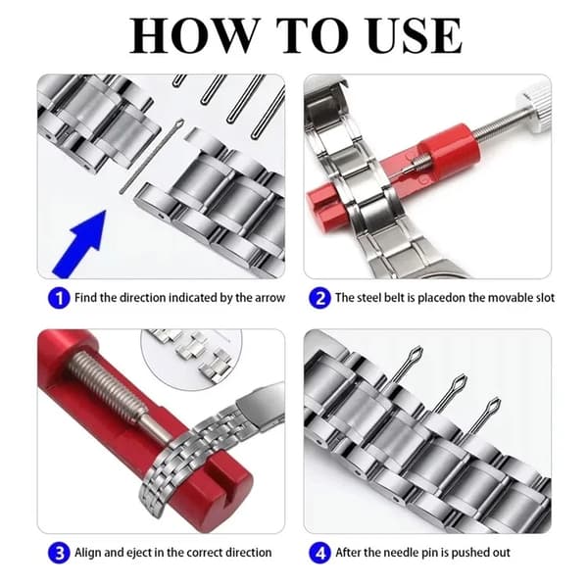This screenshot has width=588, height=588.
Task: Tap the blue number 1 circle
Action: pyautogui.click(x=59, y=299)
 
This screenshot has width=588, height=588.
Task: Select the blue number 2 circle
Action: pyautogui.click(x=319, y=299)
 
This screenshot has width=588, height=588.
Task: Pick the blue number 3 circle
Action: pyautogui.click(x=59, y=553)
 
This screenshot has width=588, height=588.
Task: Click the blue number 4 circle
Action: pyautogui.click(x=319, y=553)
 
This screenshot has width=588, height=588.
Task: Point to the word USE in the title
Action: pyautogui.click(x=415, y=35)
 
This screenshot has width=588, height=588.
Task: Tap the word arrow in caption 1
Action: pyautogui.click(x=270, y=298)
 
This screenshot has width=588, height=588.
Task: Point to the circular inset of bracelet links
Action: pyautogui.click(x=191, y=357)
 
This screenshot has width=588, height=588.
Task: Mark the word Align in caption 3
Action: pyautogui.click(x=88, y=553)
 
